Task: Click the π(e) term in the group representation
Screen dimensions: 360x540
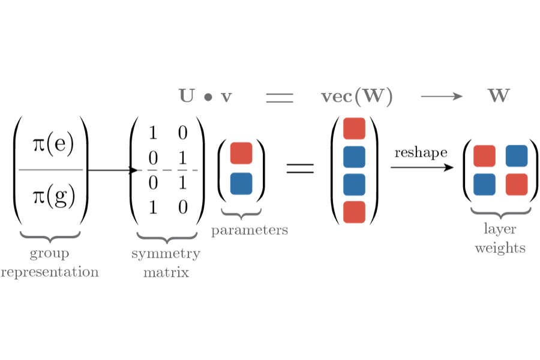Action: pos(53,145)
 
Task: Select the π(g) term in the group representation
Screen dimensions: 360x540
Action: pos(53,196)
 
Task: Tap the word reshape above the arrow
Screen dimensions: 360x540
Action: pos(421,152)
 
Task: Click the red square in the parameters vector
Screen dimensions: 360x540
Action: pos(241,153)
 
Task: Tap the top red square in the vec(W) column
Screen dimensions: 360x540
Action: pos(354,129)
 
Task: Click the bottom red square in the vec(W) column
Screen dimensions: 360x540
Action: pos(354,212)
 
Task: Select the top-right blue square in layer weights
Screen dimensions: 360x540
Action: pos(516,156)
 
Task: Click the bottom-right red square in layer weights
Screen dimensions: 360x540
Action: pos(516,184)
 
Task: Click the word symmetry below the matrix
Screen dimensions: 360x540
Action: pos(166,254)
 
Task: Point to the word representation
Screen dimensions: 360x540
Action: pos(50,272)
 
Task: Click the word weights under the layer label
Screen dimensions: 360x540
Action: pos(500,248)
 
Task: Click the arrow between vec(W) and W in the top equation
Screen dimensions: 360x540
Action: pos(442,96)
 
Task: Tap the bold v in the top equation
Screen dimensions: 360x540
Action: pos(226,97)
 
